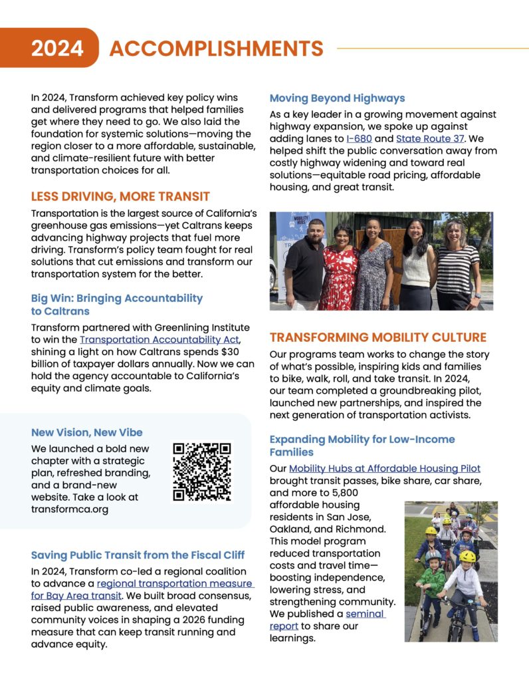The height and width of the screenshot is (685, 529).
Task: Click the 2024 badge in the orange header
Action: coord(57,48)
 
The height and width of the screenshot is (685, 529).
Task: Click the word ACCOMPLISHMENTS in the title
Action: coord(216,48)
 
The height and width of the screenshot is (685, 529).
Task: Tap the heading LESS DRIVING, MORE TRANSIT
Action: coord(120,196)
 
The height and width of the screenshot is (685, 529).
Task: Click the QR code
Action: coord(201,471)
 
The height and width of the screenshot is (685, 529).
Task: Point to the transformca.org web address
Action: coord(69,509)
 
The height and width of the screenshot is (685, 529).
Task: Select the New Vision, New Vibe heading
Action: coord(86,432)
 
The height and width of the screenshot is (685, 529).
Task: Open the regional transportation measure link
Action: coord(175,583)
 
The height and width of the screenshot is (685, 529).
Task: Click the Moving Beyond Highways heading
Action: coord(337,98)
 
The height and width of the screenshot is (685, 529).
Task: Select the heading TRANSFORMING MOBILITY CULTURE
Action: coord(377,337)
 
